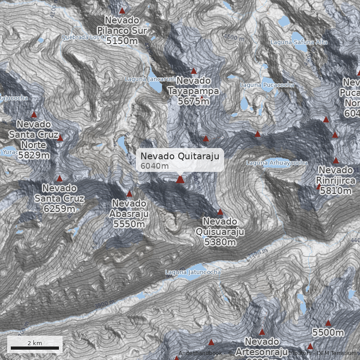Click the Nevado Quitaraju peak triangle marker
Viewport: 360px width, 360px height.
(x=180, y=180)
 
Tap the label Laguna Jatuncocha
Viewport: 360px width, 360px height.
(x=193, y=272)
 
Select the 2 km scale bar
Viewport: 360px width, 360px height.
(x=35, y=348)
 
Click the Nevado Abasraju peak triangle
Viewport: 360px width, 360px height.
(x=130, y=194)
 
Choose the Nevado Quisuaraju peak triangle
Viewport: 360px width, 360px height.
(x=220, y=212)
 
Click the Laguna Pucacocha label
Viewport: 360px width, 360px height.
(x=267, y=85)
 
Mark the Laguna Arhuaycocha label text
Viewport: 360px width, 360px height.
(x=277, y=162)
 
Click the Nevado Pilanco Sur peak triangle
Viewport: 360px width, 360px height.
(x=122, y=10)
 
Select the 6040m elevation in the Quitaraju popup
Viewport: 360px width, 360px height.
(x=154, y=166)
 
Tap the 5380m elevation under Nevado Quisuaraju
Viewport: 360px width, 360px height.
(x=220, y=242)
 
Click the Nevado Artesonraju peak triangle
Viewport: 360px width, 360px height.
(x=262, y=332)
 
